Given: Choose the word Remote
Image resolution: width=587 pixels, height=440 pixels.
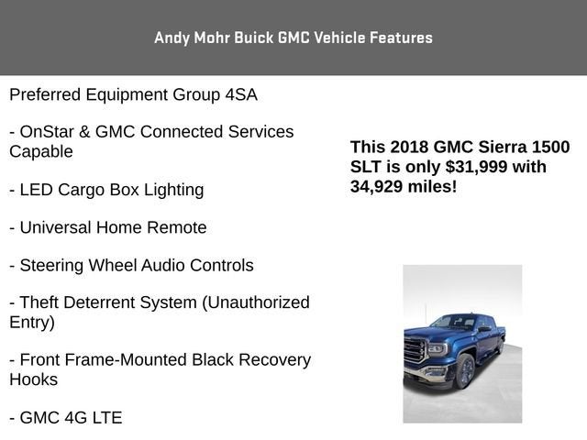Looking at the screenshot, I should [x=177, y=227].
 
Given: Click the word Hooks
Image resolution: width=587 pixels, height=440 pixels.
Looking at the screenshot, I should [x=34, y=379].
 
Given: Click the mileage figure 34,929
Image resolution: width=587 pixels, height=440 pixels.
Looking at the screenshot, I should [x=381, y=186].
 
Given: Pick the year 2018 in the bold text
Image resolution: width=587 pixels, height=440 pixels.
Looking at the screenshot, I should [x=407, y=147].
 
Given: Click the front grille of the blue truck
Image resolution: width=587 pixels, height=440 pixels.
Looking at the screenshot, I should [x=415, y=351].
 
